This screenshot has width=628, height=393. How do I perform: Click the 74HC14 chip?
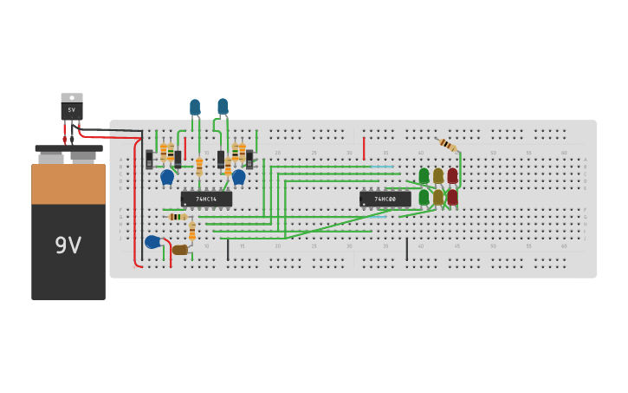pyautogui.click(x=206, y=199)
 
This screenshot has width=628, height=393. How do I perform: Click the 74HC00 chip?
pyautogui.click(x=385, y=199)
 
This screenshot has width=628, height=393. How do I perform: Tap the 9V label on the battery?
pyautogui.click(x=68, y=246)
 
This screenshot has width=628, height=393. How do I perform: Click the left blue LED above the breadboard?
pyautogui.click(x=195, y=107)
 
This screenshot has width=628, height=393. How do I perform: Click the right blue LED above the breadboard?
pyautogui.click(x=223, y=106)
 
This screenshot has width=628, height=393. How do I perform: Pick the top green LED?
pyautogui.click(x=424, y=175)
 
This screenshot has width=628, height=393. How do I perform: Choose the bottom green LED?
pyautogui.click(x=424, y=197)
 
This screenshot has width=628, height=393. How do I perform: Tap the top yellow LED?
pyautogui.click(x=438, y=175)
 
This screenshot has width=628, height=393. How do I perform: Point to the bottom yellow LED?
pyautogui.click(x=438, y=197)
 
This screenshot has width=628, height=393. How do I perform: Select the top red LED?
pyautogui.click(x=452, y=175)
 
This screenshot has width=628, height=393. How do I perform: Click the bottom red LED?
pyautogui.click(x=452, y=197)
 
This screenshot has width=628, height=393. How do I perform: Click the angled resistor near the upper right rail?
pyautogui.click(x=447, y=145)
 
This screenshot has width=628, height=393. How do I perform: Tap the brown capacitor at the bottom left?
pyautogui.click(x=179, y=250)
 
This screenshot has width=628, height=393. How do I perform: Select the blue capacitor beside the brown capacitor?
pyautogui.click(x=152, y=242)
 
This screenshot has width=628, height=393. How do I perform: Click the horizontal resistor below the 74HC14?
pyautogui.click(x=178, y=217)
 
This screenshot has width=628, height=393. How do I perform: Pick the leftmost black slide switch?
pyautogui.click(x=149, y=159)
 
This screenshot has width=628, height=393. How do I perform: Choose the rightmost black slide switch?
pyautogui.click(x=249, y=159)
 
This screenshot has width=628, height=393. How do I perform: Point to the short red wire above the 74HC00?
pyautogui.click(x=364, y=148)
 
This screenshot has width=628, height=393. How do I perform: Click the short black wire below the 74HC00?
pyautogui.click(x=406, y=249)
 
